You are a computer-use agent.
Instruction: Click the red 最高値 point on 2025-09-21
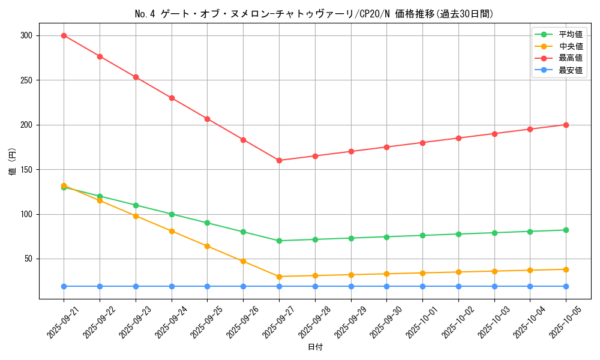pyautogui.click(x=64, y=35)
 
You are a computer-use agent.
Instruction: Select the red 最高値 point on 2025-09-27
pyautogui.click(x=279, y=160)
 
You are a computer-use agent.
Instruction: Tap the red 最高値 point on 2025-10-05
pyautogui.click(x=566, y=125)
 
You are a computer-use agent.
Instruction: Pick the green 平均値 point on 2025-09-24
pyautogui.click(x=172, y=214)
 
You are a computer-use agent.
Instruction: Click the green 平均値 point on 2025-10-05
pyautogui.click(x=566, y=230)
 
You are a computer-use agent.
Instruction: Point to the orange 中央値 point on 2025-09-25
pyautogui.click(x=207, y=246)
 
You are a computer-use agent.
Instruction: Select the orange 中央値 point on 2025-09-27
pyautogui.click(x=279, y=277)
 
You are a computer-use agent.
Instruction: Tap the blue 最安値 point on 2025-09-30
pyautogui.click(x=386, y=286)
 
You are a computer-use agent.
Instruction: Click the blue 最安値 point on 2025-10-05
pyautogui.click(x=566, y=286)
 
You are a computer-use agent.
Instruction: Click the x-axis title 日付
pyautogui.click(x=315, y=347)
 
